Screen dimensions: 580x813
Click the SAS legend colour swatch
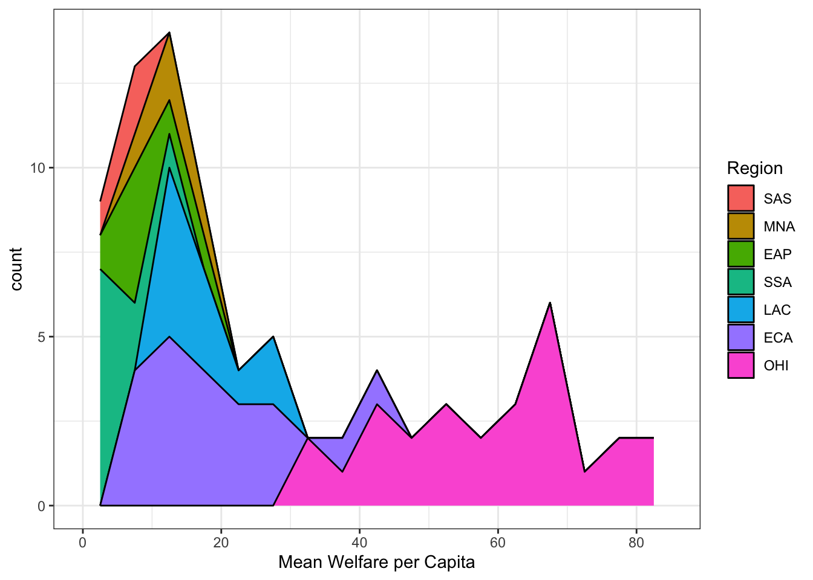[741, 198]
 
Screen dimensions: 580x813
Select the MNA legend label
[779, 227]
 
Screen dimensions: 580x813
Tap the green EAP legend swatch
[741, 254]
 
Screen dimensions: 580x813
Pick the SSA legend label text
[777, 282]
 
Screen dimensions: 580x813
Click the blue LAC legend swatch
[741, 309]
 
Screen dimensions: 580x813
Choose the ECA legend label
[778, 338]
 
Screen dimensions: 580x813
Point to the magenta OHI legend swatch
[741, 365]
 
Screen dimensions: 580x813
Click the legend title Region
[754, 168]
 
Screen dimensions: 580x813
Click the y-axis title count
[16, 269]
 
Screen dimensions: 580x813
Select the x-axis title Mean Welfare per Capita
[376, 562]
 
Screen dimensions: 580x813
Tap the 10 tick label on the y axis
[38, 168]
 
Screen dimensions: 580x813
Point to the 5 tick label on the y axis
[42, 337]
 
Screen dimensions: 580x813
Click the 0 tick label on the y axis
[42, 506]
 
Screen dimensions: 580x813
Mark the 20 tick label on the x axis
[221, 543]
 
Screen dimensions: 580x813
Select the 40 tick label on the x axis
[359, 543]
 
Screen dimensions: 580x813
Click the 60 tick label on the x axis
[498, 543]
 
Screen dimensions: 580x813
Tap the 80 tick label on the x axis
[636, 543]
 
